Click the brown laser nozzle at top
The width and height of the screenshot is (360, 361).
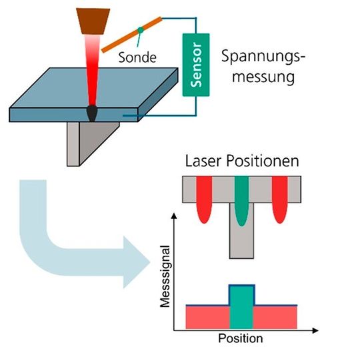91,18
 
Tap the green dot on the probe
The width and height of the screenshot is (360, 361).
139,30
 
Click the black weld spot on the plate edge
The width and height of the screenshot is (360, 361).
92,114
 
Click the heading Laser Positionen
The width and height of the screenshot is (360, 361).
242,161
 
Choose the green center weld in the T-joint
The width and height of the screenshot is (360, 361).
241,200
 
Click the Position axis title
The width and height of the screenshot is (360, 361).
240,338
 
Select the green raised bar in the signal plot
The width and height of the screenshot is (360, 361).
241,306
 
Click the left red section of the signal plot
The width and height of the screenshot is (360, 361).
207,316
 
